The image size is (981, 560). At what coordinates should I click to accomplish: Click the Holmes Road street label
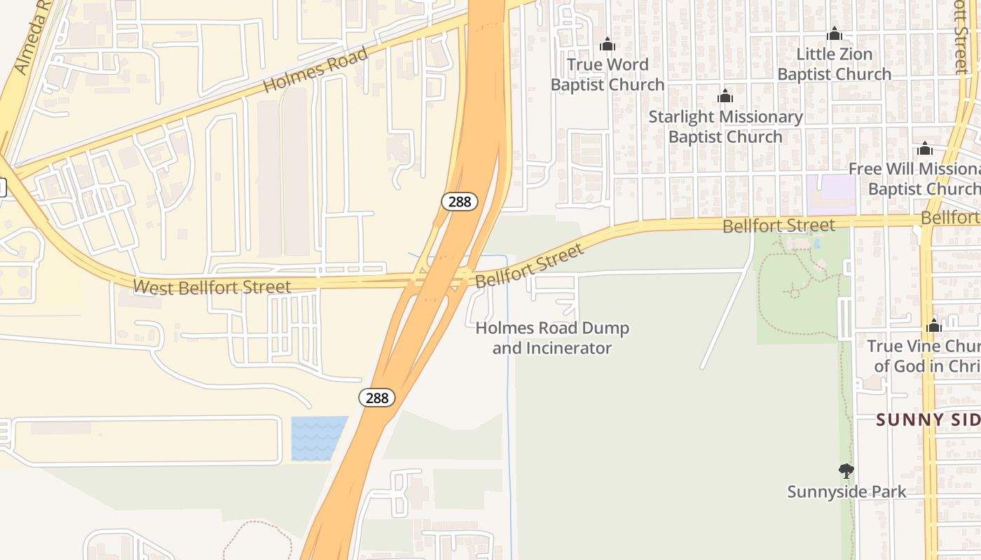(x=315, y=69)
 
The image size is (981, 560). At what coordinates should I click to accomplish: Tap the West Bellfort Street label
(x=212, y=287)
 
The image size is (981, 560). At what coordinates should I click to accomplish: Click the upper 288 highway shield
(x=460, y=202)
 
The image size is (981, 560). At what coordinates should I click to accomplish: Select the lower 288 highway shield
(x=377, y=398)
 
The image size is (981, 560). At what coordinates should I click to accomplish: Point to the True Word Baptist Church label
(x=607, y=74)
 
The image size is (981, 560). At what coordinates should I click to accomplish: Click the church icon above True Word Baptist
(x=608, y=45)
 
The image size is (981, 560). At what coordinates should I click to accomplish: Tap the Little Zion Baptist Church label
(x=834, y=64)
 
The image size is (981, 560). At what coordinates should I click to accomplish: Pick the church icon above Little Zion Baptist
(x=834, y=34)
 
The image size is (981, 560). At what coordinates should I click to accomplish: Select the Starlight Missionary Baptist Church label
(x=725, y=127)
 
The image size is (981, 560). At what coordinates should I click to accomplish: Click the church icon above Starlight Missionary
(x=725, y=96)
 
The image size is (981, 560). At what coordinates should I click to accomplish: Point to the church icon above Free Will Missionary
(x=925, y=148)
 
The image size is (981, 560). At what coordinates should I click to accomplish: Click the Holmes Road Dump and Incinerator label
(x=552, y=338)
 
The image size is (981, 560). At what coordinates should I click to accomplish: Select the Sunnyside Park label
(x=846, y=491)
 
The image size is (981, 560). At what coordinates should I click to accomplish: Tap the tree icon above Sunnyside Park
(x=846, y=470)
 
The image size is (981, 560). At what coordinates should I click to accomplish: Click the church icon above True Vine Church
(x=933, y=325)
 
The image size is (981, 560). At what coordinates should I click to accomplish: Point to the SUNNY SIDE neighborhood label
(x=928, y=419)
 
